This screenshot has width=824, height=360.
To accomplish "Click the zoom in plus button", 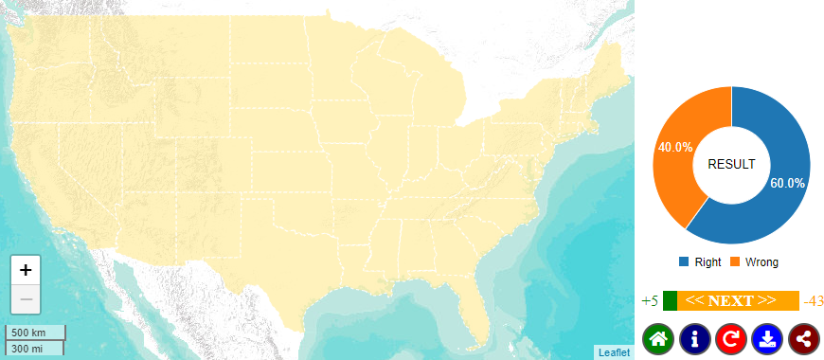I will [x=26, y=269].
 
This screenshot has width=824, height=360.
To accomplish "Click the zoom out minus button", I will [x=26, y=299].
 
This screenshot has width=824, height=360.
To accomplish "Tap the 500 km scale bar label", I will [x=28, y=333].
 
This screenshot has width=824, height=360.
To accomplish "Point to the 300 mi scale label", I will [x=27, y=349].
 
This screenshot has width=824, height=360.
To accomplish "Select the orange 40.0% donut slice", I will [x=676, y=152].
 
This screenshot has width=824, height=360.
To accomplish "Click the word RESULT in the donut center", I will [x=732, y=164].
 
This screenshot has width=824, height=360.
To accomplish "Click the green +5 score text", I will [x=650, y=301].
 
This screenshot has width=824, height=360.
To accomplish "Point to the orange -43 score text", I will [x=813, y=301].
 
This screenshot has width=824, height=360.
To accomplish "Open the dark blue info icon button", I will [x=694, y=338].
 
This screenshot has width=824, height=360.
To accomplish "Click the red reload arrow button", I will [x=730, y=338].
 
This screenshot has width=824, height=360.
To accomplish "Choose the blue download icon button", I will [x=767, y=338].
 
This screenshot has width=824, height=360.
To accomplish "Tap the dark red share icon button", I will [x=803, y=338].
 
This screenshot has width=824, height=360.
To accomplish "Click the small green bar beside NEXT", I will [x=670, y=301].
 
